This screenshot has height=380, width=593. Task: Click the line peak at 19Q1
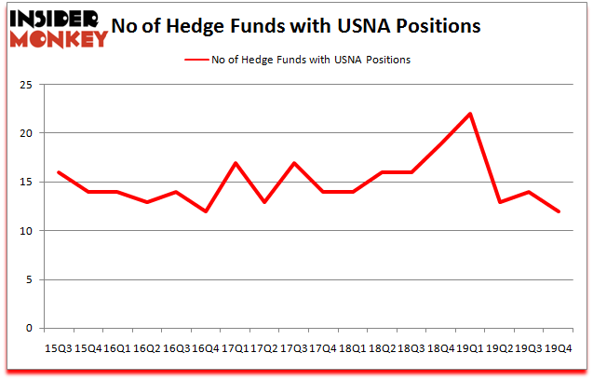pyautogui.click(x=471, y=114)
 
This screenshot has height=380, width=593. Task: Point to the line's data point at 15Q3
pyautogui.click(x=58, y=172)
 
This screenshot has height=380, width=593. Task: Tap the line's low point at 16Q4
pyautogui.click(x=206, y=211)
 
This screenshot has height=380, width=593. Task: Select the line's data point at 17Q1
pyautogui.click(x=236, y=163)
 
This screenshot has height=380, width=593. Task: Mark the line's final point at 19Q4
pyautogui.click(x=559, y=211)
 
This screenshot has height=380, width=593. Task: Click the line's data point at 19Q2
pyautogui.click(x=501, y=201)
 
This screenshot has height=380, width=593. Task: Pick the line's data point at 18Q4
pyautogui.click(x=441, y=143)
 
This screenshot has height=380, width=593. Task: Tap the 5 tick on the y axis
pyautogui.click(x=34, y=279)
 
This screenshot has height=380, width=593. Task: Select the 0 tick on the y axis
pyautogui.click(x=34, y=328)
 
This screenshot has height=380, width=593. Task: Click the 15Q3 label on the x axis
pyautogui.click(x=58, y=347)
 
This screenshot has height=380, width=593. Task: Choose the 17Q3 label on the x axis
pyautogui.click(x=294, y=347)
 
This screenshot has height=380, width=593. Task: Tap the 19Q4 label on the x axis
pyautogui.click(x=559, y=347)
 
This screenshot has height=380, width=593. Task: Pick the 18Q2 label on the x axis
pyautogui.click(x=383, y=347)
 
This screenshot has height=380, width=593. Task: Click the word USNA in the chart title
pyautogui.click(x=366, y=26)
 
